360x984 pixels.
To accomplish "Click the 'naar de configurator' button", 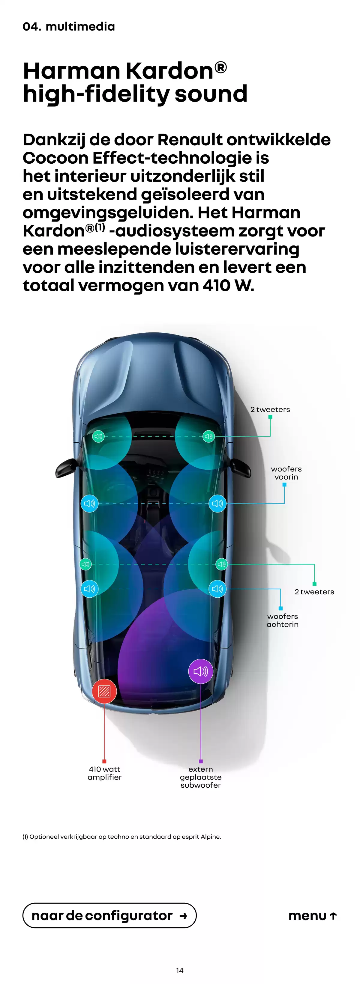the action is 109,916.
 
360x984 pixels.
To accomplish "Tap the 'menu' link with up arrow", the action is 313,916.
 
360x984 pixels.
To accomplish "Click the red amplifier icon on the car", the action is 104,691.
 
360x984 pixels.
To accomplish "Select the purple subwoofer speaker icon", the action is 201,671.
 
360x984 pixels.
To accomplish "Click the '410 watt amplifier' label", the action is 104,773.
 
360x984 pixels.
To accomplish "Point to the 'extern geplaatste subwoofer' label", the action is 201,777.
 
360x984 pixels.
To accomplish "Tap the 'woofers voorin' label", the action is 286,473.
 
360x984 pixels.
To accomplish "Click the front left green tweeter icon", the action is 99,436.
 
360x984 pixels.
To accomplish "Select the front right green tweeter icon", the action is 209,436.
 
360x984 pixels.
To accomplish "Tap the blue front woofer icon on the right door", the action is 217,504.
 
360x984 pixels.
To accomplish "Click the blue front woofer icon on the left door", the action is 89,504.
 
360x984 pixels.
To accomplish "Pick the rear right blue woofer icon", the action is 217,589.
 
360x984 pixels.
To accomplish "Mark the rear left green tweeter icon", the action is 85,564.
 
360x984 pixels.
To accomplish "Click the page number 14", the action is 180,970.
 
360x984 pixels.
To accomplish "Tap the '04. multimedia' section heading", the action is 69,26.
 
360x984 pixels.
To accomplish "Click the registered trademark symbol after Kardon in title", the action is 220,68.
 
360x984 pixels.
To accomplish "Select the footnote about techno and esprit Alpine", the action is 122,837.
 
